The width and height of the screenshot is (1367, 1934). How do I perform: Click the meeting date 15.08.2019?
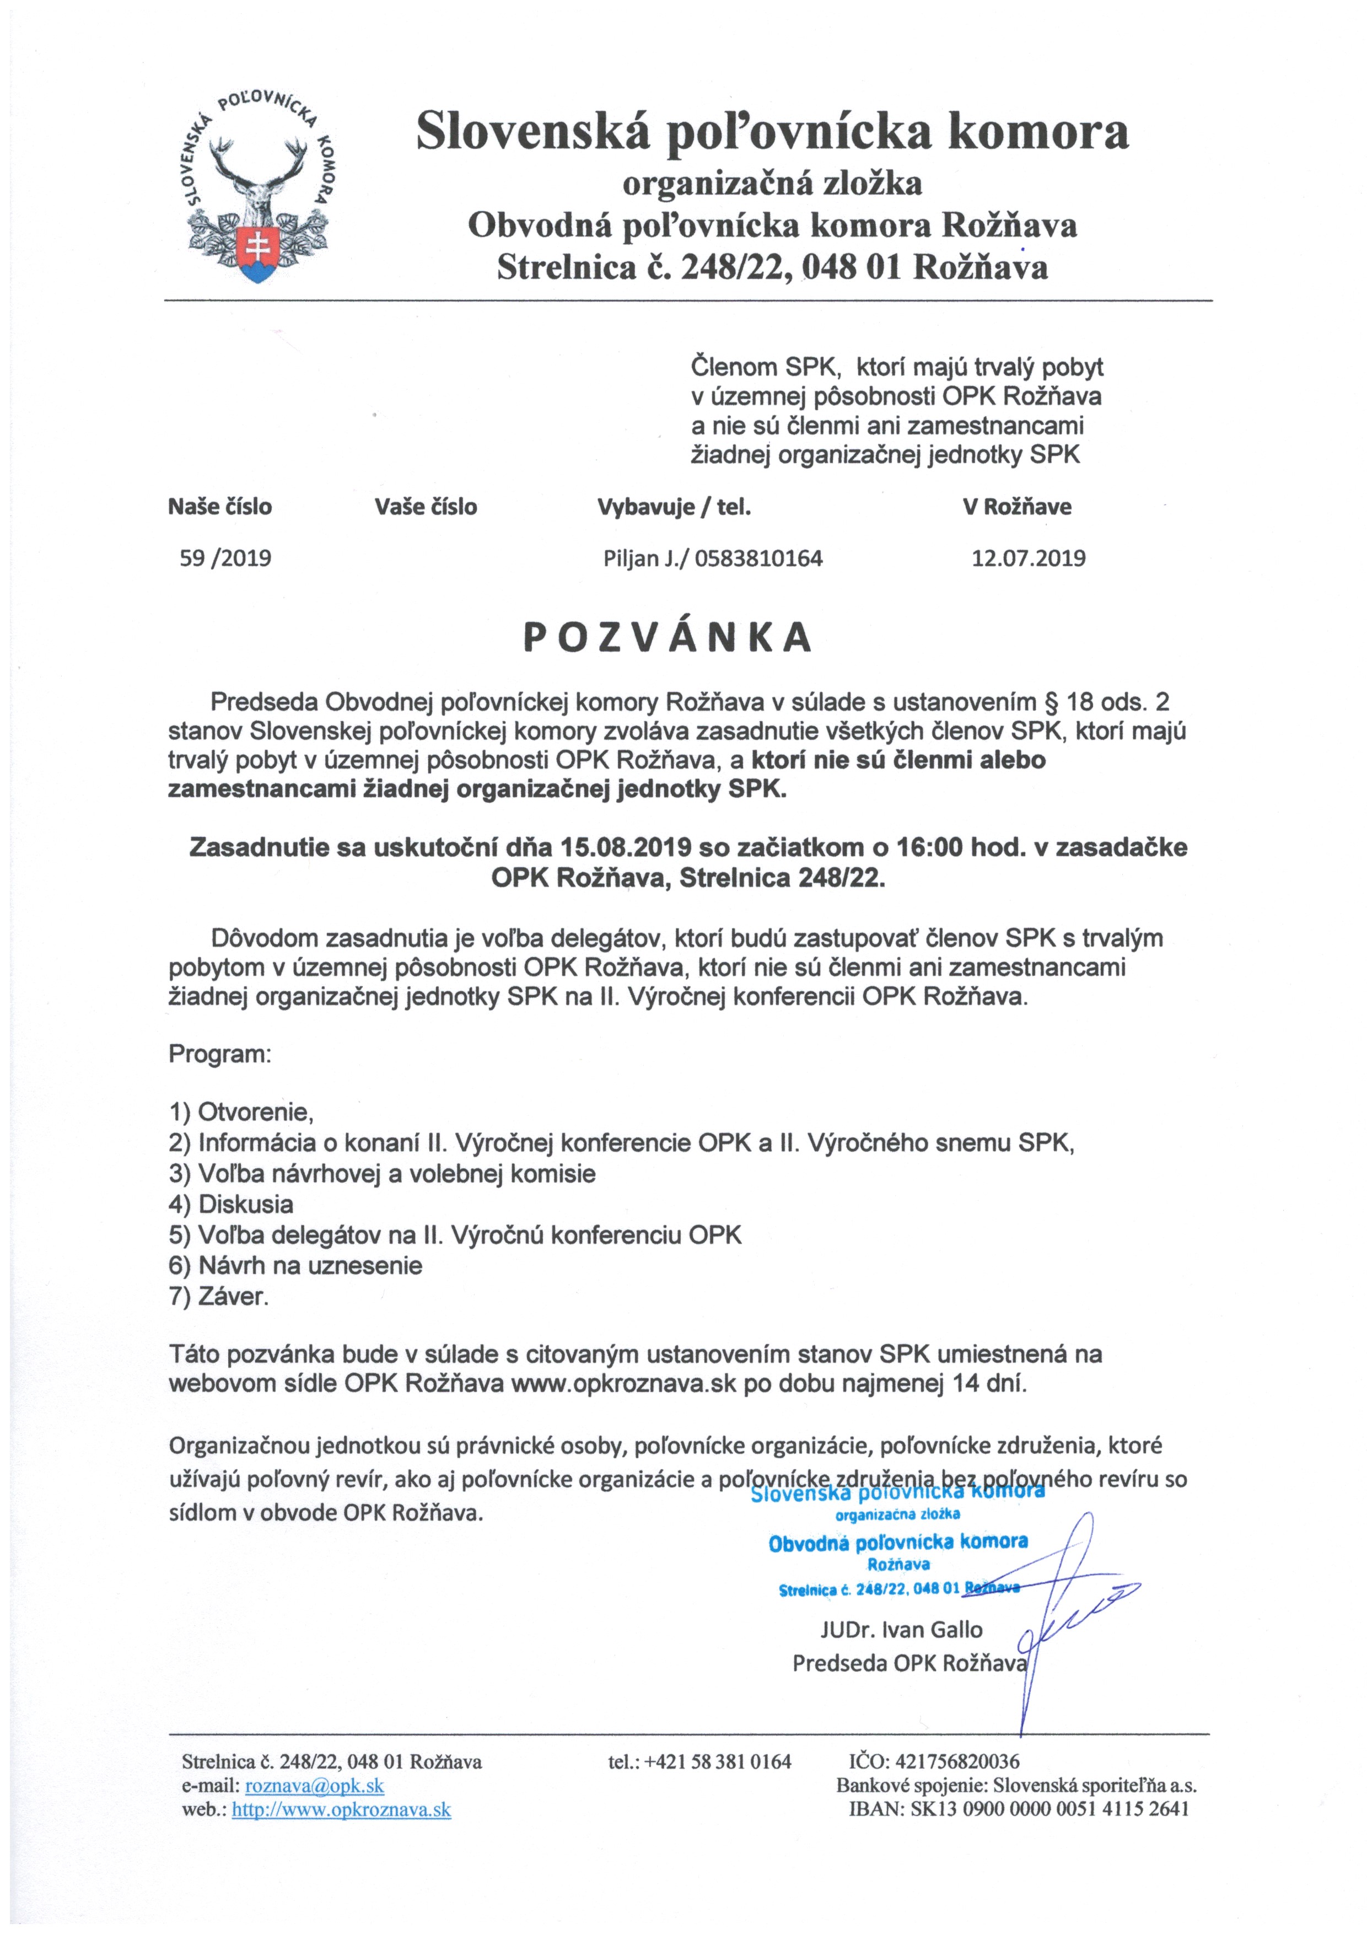(633, 847)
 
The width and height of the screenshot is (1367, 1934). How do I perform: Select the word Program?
(220, 1054)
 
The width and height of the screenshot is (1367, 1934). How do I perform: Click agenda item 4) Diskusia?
(231, 1204)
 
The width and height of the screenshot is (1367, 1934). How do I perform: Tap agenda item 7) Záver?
(219, 1296)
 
